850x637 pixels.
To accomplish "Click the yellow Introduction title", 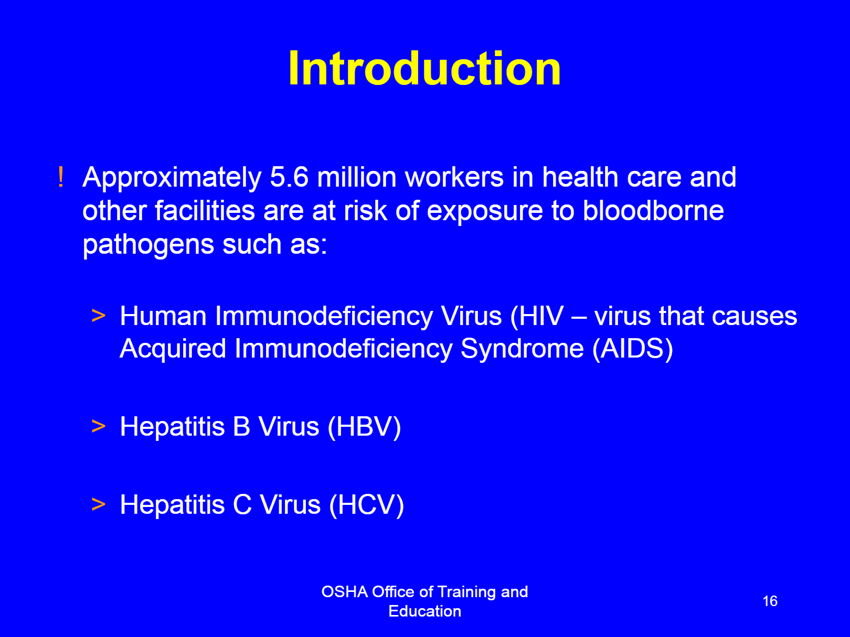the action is (x=424, y=69).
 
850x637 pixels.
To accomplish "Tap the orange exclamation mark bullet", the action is (x=60, y=177).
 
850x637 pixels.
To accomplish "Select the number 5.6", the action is (x=289, y=177).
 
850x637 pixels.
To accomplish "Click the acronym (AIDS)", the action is (x=633, y=349).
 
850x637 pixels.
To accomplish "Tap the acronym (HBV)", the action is (x=364, y=427).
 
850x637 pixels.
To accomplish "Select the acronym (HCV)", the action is (x=366, y=505).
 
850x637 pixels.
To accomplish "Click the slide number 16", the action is (x=770, y=601).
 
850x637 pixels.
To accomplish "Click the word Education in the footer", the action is (x=425, y=611).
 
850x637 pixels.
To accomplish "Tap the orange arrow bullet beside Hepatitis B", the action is (x=98, y=426).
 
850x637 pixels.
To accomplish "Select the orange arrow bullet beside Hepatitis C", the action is (x=98, y=504).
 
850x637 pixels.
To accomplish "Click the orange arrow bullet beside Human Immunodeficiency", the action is (x=98, y=316).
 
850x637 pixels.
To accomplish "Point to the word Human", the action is (x=163, y=316).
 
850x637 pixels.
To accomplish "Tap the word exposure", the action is (x=485, y=212).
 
